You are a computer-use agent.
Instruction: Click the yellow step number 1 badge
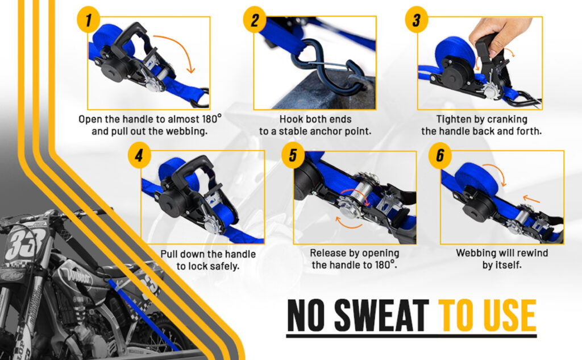point(88,20)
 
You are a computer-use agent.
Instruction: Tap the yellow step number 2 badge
point(255,20)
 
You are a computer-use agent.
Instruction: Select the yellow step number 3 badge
point(417,20)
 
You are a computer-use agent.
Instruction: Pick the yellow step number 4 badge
point(139,155)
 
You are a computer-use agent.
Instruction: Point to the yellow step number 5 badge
point(293,155)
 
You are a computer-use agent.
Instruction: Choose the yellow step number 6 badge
point(440,155)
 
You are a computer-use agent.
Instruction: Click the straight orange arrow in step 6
point(531,199)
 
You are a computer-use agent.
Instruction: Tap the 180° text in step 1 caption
point(211,119)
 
